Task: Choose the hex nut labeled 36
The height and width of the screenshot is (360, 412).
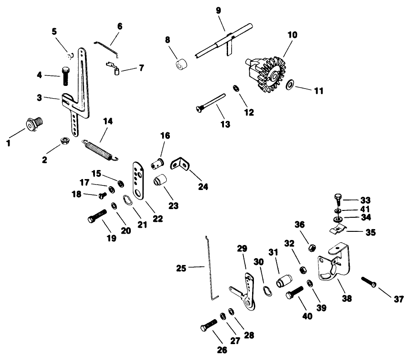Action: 312,248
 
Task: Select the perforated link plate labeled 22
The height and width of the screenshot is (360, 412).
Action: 138,179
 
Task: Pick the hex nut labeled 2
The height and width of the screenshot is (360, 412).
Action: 65,140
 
